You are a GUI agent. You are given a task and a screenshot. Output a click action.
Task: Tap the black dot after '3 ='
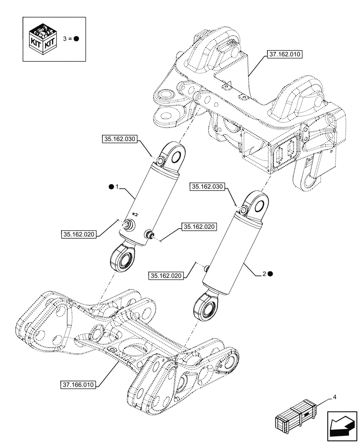(x=76, y=39)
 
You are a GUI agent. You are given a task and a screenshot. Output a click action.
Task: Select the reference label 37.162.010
(x=284, y=55)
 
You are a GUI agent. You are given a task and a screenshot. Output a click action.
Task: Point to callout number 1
(x=117, y=188)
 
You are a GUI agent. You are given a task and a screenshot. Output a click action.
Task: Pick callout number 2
(x=264, y=274)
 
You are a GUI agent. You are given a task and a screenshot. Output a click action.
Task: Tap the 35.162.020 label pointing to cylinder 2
(x=166, y=276)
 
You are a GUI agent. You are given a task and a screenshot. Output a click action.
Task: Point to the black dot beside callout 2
(x=270, y=274)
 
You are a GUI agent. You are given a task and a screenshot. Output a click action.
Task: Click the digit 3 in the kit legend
(x=66, y=39)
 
